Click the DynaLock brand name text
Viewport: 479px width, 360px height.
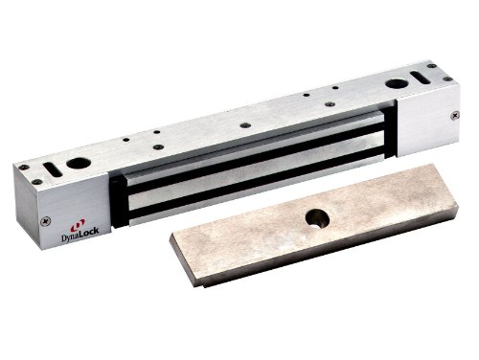point(80,235)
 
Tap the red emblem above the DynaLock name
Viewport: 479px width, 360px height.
point(78,225)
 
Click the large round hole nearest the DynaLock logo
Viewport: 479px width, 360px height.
point(79,164)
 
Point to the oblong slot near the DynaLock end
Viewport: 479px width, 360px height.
point(53,169)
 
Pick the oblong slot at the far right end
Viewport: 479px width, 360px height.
point(420,77)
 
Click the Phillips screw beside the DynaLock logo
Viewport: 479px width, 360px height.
point(46,220)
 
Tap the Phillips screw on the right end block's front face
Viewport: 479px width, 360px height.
point(455,115)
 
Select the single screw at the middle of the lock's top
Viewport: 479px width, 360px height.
point(245,125)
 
